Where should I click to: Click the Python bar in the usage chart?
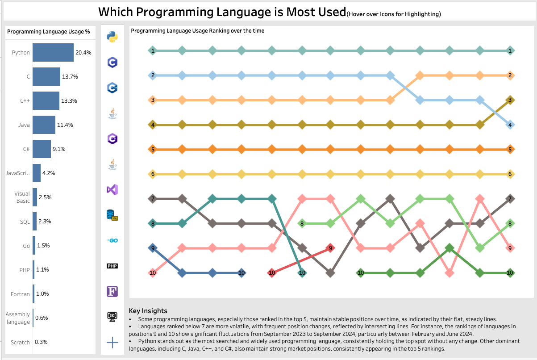tap(53, 52)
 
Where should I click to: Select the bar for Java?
tap(44, 125)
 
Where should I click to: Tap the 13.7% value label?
tap(70, 77)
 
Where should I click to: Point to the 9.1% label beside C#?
tap(58, 149)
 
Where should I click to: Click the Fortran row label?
tap(20, 294)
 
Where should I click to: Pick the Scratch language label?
tap(20, 342)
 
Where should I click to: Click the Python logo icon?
tap(112, 37)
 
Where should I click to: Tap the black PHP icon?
tap(112, 266)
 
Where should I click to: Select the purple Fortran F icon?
tap(112, 292)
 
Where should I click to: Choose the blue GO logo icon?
tap(112, 241)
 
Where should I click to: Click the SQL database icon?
tap(112, 215)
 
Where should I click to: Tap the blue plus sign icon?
tap(112, 343)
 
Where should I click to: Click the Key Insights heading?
tap(148, 310)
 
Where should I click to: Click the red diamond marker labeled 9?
tap(330, 248)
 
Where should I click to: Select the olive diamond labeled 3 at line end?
tap(510, 100)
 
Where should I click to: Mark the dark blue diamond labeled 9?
tap(153, 248)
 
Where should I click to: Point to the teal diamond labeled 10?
tap(302, 272)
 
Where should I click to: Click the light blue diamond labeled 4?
tap(510, 125)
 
